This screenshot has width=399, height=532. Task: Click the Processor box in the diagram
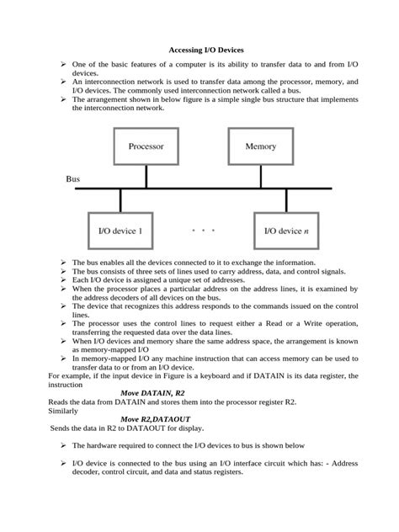(x=146, y=146)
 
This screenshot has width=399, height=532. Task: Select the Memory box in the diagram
(x=260, y=146)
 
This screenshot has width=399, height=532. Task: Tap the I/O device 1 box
(x=121, y=230)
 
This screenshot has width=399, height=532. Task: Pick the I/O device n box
(x=287, y=230)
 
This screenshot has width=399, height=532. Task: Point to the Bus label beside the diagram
(x=75, y=179)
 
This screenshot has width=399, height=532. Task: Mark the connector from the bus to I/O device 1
(x=121, y=200)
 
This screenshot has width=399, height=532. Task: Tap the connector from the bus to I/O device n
(x=287, y=200)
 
